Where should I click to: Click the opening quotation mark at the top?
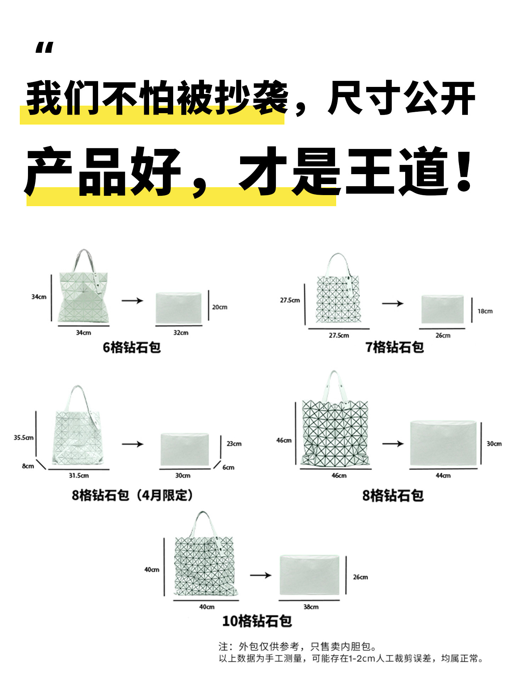(x=44, y=48)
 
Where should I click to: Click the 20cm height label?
(x=220, y=307)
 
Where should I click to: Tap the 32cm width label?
(x=181, y=333)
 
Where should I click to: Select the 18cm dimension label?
(x=485, y=311)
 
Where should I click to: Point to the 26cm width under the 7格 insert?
(x=443, y=336)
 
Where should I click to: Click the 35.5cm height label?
(x=24, y=438)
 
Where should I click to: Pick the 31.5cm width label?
(x=79, y=476)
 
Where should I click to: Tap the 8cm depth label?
(x=28, y=466)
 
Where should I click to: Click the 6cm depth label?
(x=228, y=467)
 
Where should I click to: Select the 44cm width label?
(x=443, y=476)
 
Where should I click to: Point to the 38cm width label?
(x=311, y=607)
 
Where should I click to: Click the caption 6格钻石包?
(x=132, y=348)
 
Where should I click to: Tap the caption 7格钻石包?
(x=395, y=347)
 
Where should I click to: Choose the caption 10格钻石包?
(x=257, y=621)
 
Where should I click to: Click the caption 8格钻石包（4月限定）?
(x=132, y=495)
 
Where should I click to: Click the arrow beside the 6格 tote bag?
(x=132, y=301)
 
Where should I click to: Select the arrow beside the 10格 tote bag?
(x=260, y=575)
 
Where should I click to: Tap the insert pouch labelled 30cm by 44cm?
(x=443, y=443)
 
